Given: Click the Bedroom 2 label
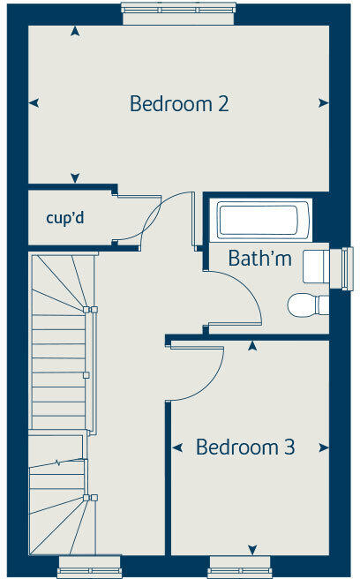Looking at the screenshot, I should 179,103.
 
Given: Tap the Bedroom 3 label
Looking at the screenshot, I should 245,447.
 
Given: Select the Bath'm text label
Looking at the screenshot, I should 259,259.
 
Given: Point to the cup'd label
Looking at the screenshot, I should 64,217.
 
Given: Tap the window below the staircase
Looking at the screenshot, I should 90,565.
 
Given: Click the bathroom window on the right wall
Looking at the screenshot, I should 347,266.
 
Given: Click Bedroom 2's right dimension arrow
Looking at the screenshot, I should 324,103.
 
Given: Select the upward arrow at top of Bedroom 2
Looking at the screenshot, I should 75,32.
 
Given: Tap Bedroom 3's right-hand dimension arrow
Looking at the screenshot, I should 324,448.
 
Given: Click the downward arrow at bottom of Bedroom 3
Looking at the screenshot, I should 252,550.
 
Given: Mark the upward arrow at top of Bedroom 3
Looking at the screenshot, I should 252,345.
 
